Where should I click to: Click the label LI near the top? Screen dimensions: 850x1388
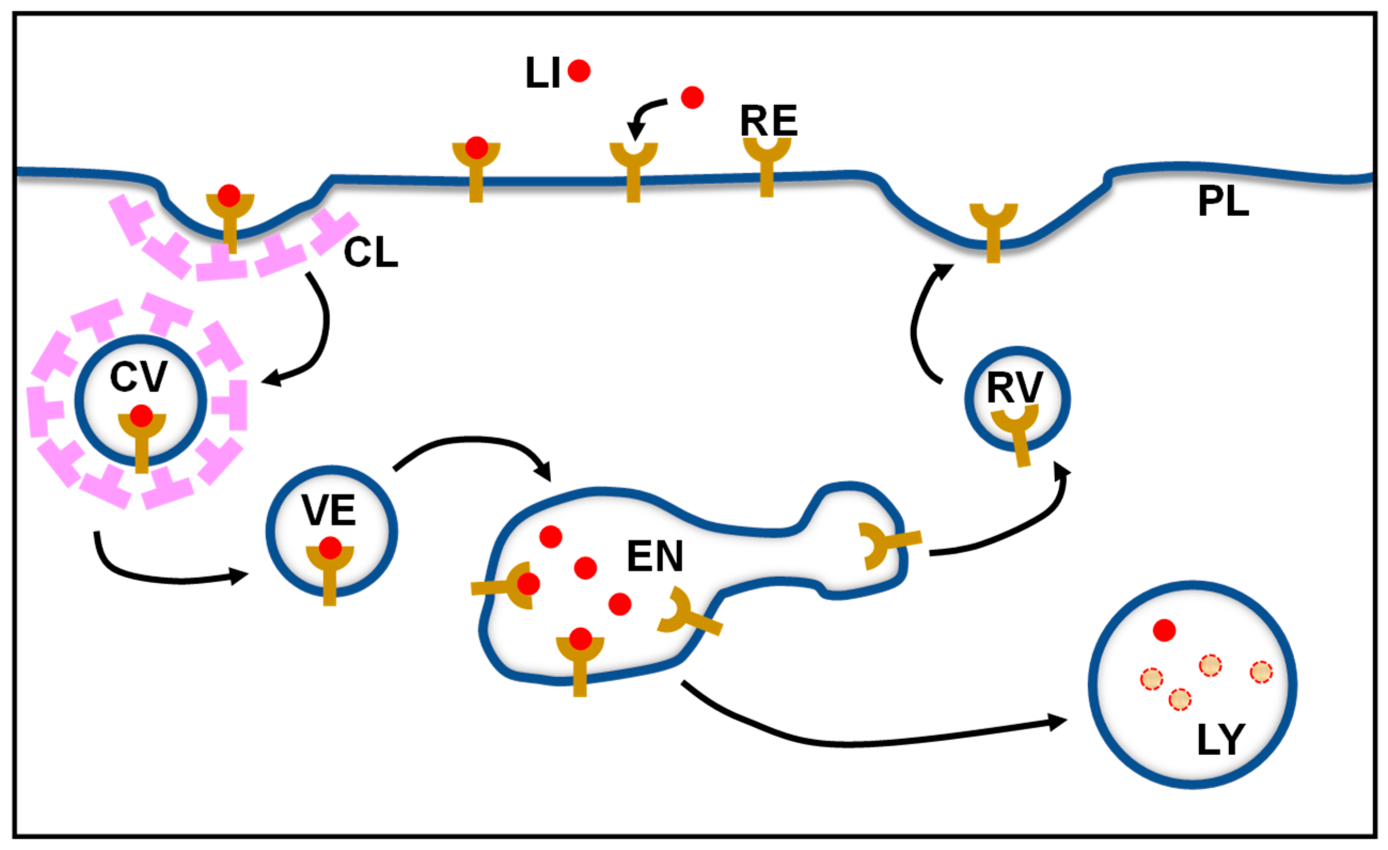click(542, 73)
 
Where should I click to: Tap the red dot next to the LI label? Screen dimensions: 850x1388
click(579, 71)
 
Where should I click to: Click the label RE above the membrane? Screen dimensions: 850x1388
click(768, 121)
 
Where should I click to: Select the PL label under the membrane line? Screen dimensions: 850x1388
click(1223, 202)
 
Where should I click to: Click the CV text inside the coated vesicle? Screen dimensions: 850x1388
click(139, 377)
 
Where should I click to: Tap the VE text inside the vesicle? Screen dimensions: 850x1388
click(329, 511)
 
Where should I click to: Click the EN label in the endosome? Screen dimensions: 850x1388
click(654, 556)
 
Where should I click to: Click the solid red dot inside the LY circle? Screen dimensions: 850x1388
click(1164, 630)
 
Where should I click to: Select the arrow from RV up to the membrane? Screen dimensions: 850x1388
click(917, 327)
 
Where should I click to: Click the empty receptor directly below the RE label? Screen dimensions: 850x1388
click(767, 163)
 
